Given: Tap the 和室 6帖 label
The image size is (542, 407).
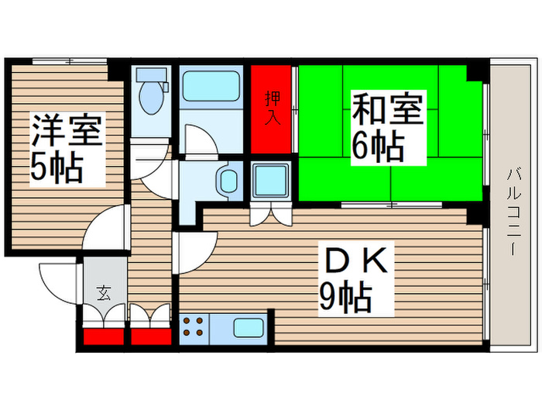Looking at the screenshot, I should pos(389,126).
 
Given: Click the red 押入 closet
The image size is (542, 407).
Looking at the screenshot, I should pos(272,109).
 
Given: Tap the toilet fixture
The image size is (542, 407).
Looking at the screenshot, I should pos(152,97).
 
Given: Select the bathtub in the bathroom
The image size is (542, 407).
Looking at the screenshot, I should pos(211,87).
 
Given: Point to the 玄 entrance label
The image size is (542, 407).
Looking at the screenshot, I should pos(103,293).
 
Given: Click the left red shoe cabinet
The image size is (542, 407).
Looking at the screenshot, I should pos(103,337).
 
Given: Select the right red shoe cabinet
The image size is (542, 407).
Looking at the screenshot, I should pos(151,337).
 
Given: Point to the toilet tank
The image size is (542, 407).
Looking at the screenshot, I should pos(152,77).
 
